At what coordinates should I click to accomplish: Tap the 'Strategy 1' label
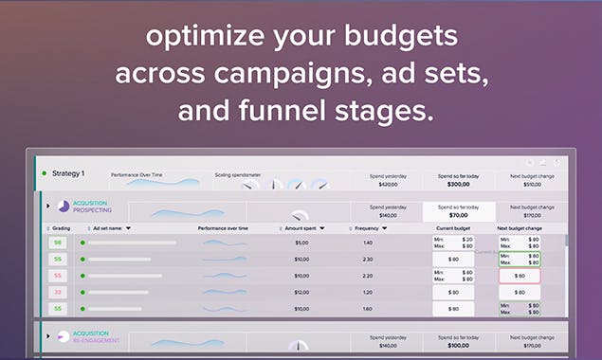coord(68,173)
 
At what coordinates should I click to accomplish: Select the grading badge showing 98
coord(58,243)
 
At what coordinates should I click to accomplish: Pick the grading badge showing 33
coord(58,292)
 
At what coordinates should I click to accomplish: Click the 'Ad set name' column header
coord(111,228)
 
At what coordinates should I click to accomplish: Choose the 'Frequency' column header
coord(370,228)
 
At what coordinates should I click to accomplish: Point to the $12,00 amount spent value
coord(301,292)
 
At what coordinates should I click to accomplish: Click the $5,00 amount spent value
coord(301,243)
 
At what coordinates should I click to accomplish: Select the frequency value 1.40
coord(368,243)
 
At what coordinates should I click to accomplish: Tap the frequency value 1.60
coord(368,308)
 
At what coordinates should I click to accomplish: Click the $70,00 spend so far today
coord(458,215)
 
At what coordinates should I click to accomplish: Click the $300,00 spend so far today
coord(458,185)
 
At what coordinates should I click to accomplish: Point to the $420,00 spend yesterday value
coord(387,185)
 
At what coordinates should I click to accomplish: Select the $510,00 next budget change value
coord(531,185)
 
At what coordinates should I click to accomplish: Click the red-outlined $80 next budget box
coord(519,276)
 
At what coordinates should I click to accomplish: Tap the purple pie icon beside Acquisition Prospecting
coord(64,207)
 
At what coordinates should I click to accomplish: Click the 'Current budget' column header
coord(452,228)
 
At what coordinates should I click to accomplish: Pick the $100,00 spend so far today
coord(458,346)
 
